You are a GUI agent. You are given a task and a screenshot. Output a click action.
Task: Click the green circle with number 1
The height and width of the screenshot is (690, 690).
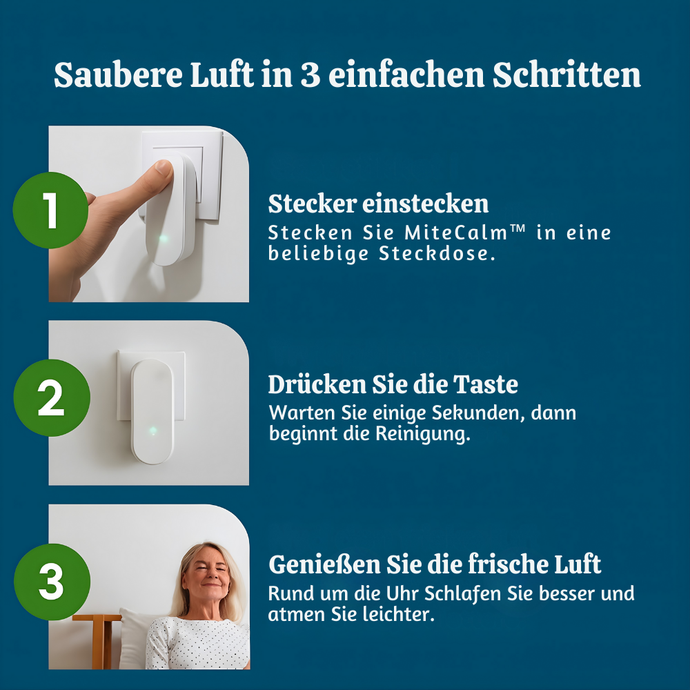coord(51,210)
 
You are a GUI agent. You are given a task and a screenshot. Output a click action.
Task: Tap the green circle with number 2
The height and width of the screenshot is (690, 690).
coord(51,397)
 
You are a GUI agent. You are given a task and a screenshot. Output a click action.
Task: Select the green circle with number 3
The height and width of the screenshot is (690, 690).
coord(51,582)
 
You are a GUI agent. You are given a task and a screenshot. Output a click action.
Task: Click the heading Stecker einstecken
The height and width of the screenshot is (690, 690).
coord(378,204)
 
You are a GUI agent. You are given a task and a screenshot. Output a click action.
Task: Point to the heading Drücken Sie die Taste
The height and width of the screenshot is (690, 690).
coord(393,384)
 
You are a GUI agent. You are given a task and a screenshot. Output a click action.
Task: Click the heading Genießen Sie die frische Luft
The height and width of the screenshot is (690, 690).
coord(435,564)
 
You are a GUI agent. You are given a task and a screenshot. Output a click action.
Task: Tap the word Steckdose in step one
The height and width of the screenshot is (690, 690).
coord(437,254)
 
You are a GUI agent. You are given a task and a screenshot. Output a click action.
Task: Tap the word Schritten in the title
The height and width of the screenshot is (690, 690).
coord(566,75)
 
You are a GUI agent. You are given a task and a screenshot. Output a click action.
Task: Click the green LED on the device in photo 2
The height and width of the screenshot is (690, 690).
coord(152,431)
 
